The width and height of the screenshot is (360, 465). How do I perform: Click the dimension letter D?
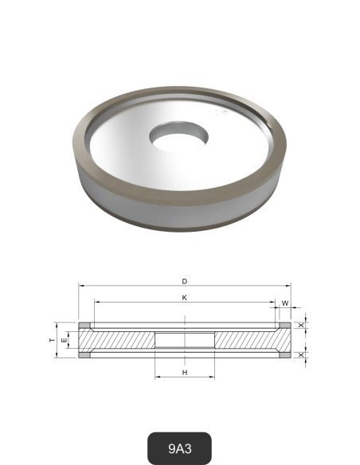184,281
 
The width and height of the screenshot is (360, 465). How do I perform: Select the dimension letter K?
184,297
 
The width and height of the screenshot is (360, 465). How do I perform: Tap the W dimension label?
284,303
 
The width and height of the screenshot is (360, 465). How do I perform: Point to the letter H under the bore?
184,372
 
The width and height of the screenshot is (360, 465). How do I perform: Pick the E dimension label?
65,340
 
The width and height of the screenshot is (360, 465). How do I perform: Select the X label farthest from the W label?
300,354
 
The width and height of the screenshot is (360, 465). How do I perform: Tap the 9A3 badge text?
179,449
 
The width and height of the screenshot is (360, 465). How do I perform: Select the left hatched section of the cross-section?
119,340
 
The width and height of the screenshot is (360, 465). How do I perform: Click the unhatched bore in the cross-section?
184,340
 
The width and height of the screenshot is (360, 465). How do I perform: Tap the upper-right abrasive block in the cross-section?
283,326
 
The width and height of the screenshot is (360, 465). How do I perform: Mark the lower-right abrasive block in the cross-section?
283,355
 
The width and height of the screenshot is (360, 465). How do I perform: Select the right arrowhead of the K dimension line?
272,303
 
